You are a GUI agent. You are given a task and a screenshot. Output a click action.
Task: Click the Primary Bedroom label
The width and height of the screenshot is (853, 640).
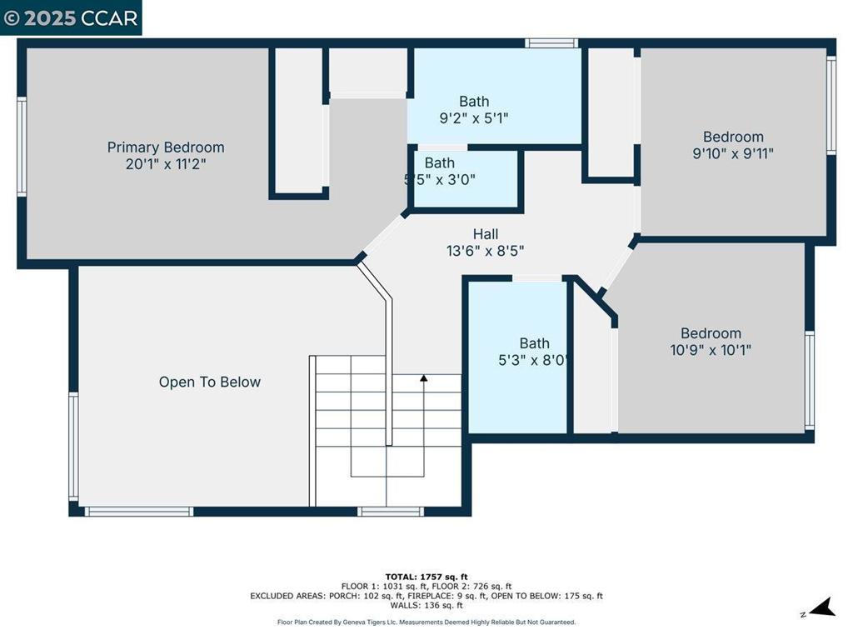click(x=166, y=147)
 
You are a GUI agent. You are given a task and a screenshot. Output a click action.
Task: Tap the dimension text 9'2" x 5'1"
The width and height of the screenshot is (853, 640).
click(x=474, y=117)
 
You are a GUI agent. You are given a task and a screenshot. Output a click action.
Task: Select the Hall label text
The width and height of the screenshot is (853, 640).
click(x=486, y=234)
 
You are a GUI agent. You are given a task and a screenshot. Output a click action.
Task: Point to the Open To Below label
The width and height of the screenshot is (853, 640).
click(x=209, y=382)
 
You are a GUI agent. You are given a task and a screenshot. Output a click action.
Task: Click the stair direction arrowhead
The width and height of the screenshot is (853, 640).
click(x=424, y=377)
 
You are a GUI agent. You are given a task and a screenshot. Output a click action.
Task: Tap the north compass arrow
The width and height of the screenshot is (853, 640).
click(x=822, y=607)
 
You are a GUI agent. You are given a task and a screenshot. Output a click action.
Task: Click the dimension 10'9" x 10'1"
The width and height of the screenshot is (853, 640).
click(x=711, y=349)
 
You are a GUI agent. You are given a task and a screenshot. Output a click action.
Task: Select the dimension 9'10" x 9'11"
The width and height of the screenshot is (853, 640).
click(x=733, y=153)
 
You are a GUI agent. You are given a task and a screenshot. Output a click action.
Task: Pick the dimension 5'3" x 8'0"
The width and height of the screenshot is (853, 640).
click(x=534, y=360)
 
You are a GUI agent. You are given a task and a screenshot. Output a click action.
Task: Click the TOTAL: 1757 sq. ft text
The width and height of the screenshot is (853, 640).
click(x=426, y=577)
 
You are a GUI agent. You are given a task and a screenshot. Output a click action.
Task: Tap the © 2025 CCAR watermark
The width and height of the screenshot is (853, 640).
click(x=71, y=18)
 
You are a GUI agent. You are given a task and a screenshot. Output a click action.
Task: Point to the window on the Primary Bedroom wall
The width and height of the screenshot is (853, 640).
click(x=22, y=147)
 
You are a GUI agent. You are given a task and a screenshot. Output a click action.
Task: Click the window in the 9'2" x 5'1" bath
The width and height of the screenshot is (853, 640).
click(x=551, y=43)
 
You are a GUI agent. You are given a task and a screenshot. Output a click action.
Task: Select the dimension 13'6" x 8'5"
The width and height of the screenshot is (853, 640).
click(x=486, y=251)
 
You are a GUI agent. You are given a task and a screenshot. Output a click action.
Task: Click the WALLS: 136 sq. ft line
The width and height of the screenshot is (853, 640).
click(x=426, y=605)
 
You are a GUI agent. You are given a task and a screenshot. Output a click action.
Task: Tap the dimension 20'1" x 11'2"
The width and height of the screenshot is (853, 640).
click(x=166, y=164)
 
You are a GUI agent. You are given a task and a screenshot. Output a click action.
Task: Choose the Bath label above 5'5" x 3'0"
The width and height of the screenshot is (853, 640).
click(x=440, y=162)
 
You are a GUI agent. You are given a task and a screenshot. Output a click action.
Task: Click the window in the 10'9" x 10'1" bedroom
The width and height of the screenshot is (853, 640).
click(x=810, y=380)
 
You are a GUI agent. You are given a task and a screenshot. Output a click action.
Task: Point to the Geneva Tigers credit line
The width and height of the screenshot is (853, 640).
click(x=426, y=622)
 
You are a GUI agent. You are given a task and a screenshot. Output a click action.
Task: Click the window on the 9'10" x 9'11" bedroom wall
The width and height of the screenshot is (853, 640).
click(x=831, y=106)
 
